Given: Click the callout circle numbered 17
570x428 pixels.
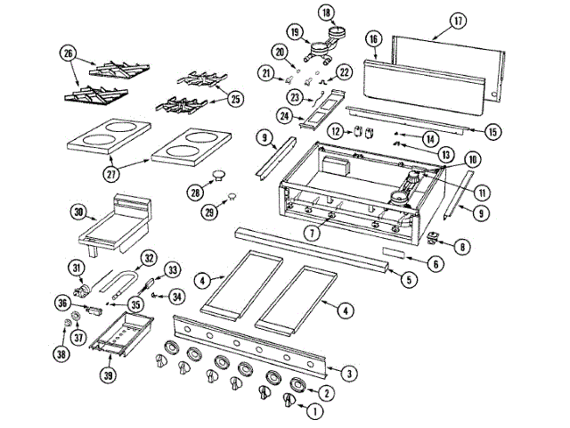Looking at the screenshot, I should tap(459, 20).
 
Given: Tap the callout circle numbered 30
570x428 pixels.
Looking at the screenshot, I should tap(78, 212).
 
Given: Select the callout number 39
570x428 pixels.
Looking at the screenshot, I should tap(107, 375).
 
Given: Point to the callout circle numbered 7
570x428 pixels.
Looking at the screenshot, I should tap(310, 234).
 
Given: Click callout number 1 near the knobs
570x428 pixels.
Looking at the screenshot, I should tap(313, 412).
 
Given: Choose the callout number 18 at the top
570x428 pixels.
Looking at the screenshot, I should tap(326, 12).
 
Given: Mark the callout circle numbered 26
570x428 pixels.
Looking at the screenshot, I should tap(66, 53).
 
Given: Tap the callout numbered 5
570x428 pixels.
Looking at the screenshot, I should tap(409, 280).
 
